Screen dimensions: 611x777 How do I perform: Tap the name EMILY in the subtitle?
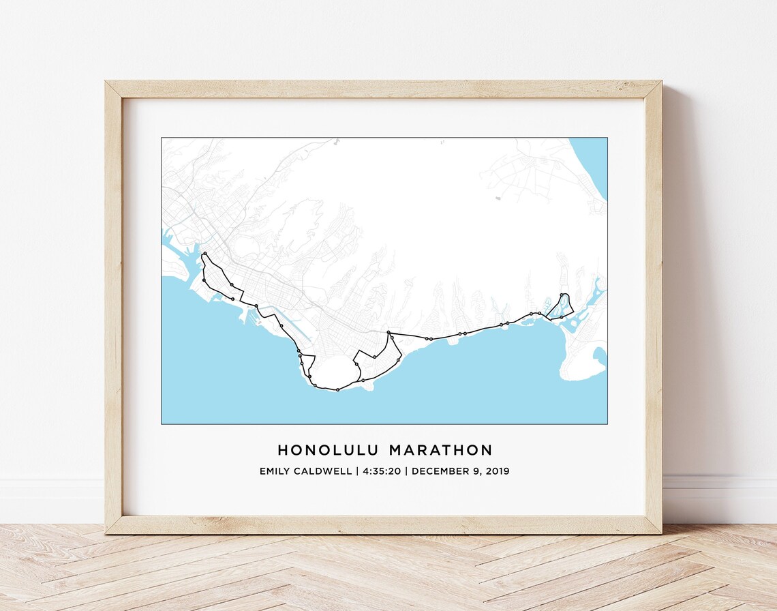pos(275,471)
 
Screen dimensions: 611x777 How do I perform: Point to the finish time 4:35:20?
pos(382,471)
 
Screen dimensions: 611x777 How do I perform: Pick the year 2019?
pos(498,471)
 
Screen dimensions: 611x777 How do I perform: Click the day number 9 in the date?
pos(475,471)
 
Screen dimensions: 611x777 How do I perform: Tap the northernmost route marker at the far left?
pos(204,254)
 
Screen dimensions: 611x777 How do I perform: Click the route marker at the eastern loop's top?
pos(561,295)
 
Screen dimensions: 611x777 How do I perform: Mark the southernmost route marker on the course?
pos(338,390)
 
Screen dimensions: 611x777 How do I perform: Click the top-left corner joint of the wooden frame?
pos(114,89)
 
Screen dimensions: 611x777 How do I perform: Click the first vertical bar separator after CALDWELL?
pos(356,471)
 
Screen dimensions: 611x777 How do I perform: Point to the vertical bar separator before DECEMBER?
pos(407,471)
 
